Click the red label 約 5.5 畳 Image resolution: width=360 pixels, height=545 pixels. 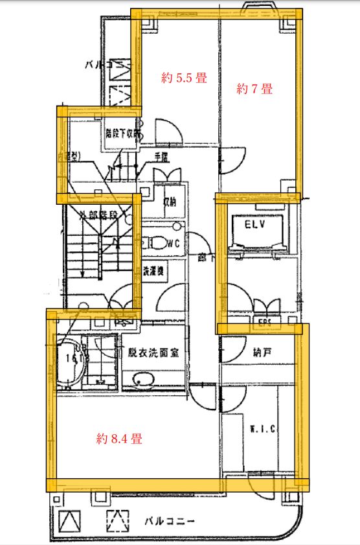point(184,78)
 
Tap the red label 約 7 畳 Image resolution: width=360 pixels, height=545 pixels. point(254,89)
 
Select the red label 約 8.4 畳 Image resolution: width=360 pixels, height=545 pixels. point(119,439)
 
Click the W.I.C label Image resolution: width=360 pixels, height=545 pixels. point(263,428)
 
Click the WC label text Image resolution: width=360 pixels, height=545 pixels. point(172,244)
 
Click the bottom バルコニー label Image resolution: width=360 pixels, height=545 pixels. point(169,520)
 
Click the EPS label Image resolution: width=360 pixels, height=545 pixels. point(265,320)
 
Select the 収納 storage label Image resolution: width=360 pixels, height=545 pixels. point(170,201)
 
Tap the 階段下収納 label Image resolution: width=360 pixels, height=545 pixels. point(124,134)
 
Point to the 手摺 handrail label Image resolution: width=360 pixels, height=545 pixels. point(161,157)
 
